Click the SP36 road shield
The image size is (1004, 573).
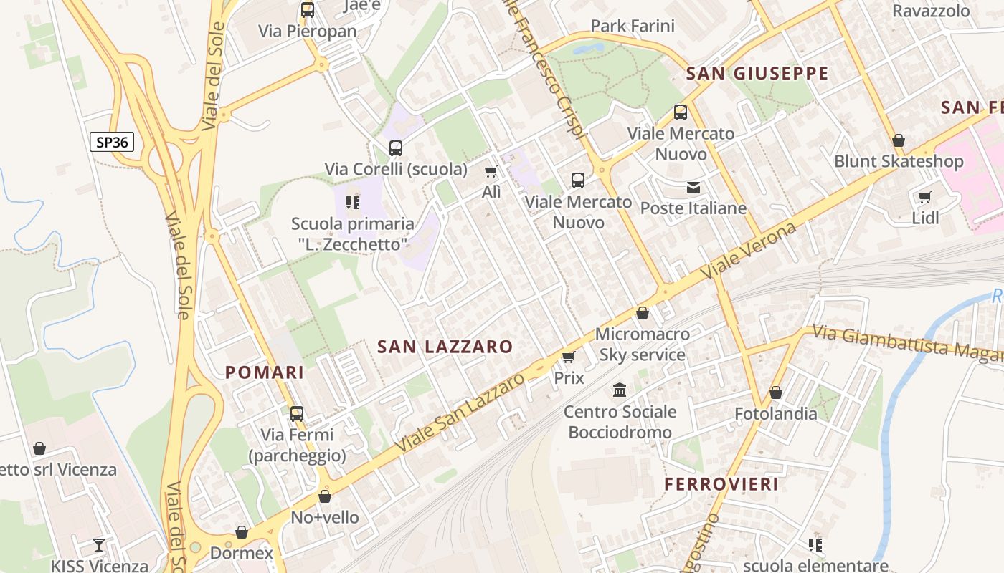(112, 142)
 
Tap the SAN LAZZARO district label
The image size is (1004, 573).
(445, 347)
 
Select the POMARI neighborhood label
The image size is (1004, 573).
(265, 372)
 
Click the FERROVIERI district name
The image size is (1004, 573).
(721, 484)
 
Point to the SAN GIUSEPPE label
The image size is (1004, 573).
(757, 74)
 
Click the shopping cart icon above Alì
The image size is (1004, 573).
(491, 171)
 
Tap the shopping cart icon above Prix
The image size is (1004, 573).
(569, 357)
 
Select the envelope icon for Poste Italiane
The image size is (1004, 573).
(693, 188)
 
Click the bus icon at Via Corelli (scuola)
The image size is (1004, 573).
(395, 148)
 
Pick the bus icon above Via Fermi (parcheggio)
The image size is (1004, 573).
(296, 413)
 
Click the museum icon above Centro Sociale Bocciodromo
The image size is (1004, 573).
(620, 390)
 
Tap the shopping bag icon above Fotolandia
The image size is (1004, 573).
(775, 393)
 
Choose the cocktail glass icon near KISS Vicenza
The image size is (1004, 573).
(99, 545)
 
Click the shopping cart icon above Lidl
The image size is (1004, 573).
(924, 197)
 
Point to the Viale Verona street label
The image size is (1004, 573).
(749, 251)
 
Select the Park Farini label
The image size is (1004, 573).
(633, 27)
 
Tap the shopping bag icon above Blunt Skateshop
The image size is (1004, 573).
(898, 140)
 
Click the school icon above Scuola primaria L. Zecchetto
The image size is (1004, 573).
(352, 203)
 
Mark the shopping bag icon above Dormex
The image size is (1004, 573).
(242, 532)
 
